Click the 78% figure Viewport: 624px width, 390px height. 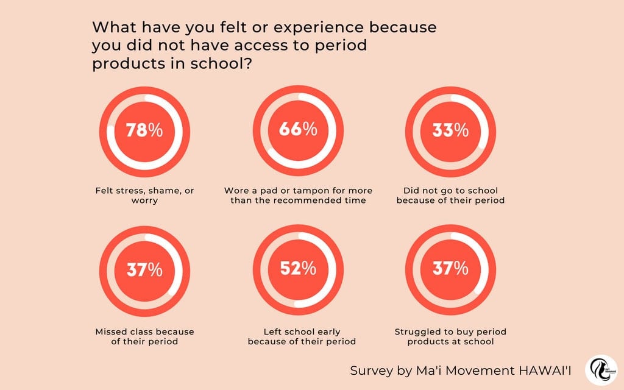tap(144, 130)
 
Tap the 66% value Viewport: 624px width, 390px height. tap(298, 129)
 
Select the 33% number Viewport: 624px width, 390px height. tap(450, 130)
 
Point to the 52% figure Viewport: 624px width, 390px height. tap(298, 269)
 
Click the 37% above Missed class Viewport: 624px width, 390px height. tap(144, 270)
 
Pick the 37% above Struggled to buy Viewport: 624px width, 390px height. tap(450, 269)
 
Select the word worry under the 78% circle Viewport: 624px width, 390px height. tap(144, 201)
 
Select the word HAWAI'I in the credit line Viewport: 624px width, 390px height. tap(545, 370)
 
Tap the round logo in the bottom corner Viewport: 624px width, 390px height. tap(601, 370)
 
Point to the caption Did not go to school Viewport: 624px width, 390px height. tap(450, 191)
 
